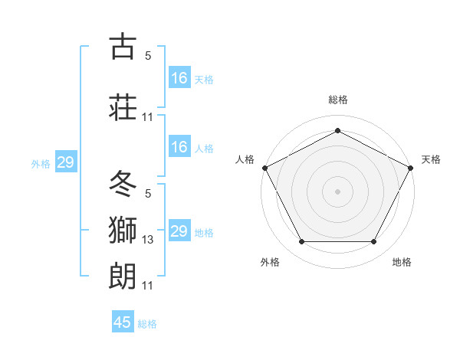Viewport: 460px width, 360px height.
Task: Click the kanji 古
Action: click(123, 47)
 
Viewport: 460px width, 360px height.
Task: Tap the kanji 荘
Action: click(123, 106)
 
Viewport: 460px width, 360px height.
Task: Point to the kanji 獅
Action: click(123, 229)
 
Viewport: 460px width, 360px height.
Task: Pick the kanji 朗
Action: click(123, 274)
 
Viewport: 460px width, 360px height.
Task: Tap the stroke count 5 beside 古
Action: click(148, 56)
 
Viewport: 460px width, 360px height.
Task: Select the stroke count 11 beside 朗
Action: click(148, 286)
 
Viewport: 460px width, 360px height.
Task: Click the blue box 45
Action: click(123, 322)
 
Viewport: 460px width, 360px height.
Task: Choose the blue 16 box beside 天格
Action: click(179, 78)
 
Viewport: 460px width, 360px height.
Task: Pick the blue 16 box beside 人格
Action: click(179, 147)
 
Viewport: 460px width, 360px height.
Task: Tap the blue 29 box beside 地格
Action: click(179, 231)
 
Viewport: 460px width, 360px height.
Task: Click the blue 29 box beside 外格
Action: click(65, 162)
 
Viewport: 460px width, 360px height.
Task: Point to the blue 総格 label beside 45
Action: click(147, 324)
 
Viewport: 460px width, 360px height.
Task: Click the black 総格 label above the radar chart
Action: click(337, 100)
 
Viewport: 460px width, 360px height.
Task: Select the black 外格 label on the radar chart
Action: click(270, 262)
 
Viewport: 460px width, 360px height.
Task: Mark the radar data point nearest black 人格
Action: click(264, 167)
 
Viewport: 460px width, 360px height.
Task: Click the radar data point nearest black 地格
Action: click(374, 242)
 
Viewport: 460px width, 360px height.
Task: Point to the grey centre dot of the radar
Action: click(337, 191)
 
